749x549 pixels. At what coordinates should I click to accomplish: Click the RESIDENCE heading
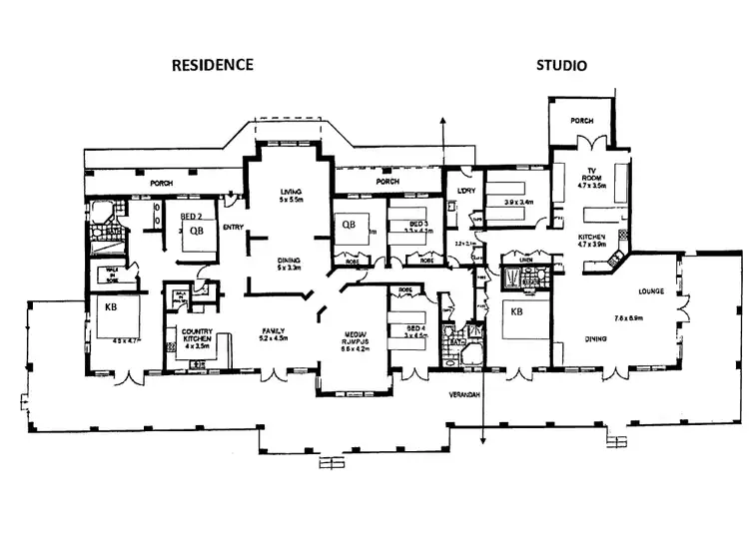pos(213,65)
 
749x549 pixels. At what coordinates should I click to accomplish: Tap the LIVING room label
pos(290,193)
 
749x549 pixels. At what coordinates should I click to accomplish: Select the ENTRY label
pos(234,227)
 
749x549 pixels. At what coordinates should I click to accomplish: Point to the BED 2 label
pos(193,216)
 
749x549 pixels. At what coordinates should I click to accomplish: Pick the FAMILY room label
pos(274,330)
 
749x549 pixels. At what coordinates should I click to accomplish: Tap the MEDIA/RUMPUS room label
pos(355,337)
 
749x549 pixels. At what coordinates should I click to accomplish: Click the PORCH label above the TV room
pos(581,121)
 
